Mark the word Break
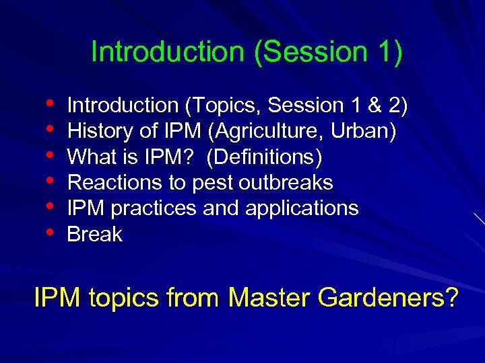[95, 234]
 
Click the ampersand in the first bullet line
[375, 106]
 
